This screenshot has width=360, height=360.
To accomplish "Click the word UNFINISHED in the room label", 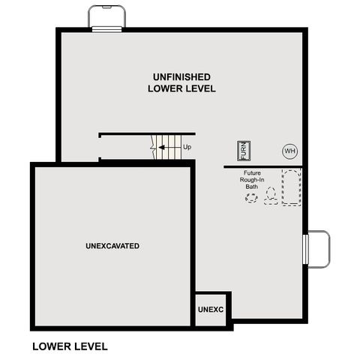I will [181, 76].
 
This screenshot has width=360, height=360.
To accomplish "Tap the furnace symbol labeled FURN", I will [243, 151].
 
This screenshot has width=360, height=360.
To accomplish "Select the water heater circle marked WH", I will [289, 151].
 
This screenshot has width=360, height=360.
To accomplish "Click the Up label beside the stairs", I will [187, 148].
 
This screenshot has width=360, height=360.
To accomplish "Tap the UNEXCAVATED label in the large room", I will [112, 246].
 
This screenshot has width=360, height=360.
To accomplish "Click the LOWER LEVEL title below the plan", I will [70, 346].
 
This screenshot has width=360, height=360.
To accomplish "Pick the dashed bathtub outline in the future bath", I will [291, 187].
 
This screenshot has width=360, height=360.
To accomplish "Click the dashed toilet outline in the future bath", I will [271, 196].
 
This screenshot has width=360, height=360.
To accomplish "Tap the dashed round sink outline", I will [250, 197].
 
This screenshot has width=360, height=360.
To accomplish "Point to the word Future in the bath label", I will [251, 172].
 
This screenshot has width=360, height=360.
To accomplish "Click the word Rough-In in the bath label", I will [251, 180].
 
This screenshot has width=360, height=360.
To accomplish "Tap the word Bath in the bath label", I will [251, 187].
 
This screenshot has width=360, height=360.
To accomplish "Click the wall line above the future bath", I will [262, 166].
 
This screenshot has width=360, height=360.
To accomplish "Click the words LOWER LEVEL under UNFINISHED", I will [181, 88].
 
